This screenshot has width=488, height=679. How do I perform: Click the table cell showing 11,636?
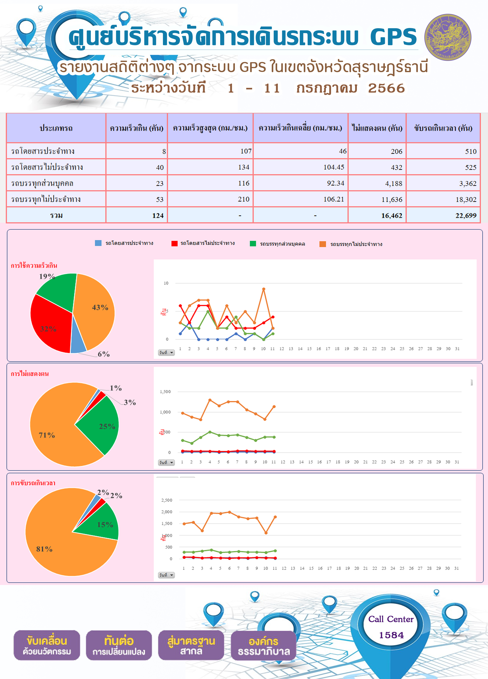(377, 199)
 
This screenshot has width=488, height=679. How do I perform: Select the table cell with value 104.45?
(301, 167)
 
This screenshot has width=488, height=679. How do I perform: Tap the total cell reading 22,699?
(443, 215)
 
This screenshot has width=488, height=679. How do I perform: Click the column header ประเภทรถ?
(56, 128)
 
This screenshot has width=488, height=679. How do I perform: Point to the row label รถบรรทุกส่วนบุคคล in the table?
(42, 183)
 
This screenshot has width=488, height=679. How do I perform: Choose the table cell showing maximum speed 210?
(210, 199)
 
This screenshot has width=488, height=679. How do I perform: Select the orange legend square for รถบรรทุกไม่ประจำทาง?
(323, 244)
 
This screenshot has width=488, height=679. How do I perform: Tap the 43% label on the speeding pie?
(100, 307)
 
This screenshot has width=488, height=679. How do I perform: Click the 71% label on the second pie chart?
(47, 435)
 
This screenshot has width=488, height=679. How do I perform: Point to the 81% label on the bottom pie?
(44, 549)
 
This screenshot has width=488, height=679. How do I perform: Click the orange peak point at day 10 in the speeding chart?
(264, 289)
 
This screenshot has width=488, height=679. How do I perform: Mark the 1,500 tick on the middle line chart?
(165, 392)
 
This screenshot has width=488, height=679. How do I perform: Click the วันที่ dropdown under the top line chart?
(166, 353)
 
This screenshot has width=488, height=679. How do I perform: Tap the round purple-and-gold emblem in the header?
(448, 37)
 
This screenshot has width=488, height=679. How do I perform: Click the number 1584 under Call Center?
(391, 635)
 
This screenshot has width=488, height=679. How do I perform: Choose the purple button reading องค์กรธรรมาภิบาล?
(264, 646)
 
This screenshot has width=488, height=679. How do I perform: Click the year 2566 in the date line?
(386, 88)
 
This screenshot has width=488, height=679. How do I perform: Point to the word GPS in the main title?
(393, 37)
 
